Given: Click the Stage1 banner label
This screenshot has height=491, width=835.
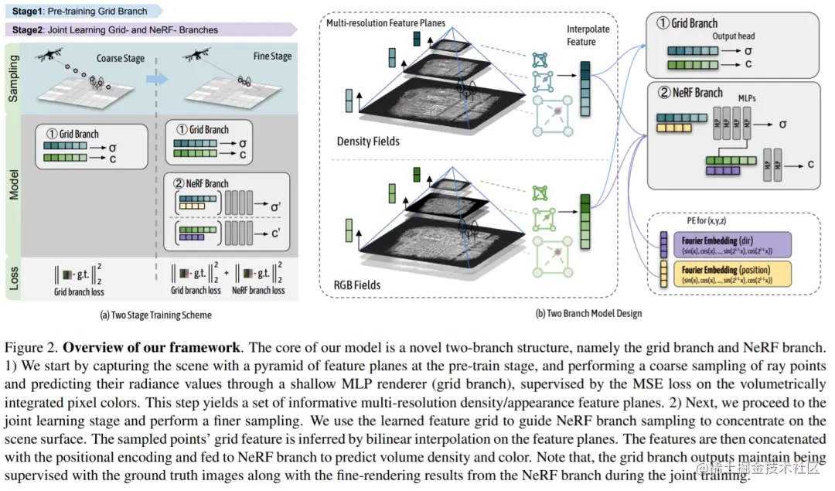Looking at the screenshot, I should [78, 12].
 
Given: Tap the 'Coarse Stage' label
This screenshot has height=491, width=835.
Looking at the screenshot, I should [120, 58].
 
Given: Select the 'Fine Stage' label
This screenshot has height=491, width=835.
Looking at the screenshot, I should [272, 56].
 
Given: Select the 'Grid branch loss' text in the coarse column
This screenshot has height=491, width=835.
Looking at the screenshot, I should [79, 292].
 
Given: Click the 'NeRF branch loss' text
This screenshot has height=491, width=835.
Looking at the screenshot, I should [258, 291].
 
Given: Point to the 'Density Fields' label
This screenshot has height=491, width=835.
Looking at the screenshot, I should [368, 142].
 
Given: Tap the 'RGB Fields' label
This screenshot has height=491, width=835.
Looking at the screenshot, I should [358, 285].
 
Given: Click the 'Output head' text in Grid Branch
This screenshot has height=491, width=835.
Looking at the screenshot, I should [734, 36].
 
